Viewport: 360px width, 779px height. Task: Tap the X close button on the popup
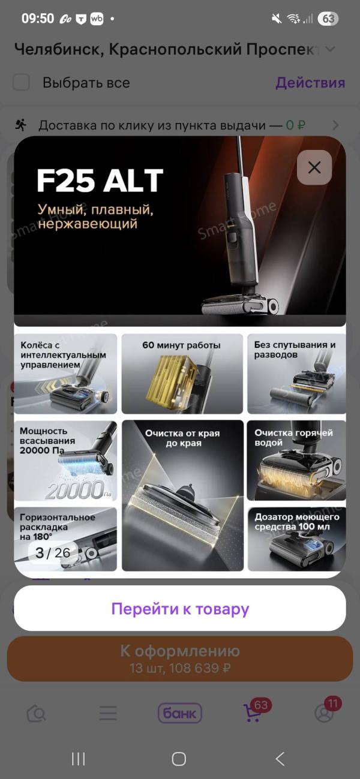(x=314, y=168)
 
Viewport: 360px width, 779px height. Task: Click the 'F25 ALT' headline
(x=100, y=181)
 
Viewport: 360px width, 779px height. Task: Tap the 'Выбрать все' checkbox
(x=21, y=82)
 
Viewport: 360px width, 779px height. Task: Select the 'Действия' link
(x=310, y=83)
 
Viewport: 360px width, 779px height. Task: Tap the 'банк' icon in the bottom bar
(x=180, y=714)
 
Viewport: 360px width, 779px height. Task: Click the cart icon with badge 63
(x=253, y=712)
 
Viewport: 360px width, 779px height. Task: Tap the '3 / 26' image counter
(x=53, y=552)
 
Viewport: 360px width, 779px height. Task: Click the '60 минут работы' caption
(x=181, y=345)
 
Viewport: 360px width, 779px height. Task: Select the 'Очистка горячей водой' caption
(x=293, y=438)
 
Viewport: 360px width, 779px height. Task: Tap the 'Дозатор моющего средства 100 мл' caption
(x=296, y=522)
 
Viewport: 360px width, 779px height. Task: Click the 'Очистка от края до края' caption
(x=182, y=438)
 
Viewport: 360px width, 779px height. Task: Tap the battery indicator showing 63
(x=328, y=19)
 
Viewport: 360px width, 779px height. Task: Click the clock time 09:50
(x=38, y=18)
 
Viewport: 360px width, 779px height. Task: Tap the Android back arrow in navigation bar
(x=280, y=759)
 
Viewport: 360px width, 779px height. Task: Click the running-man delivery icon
(x=20, y=125)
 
